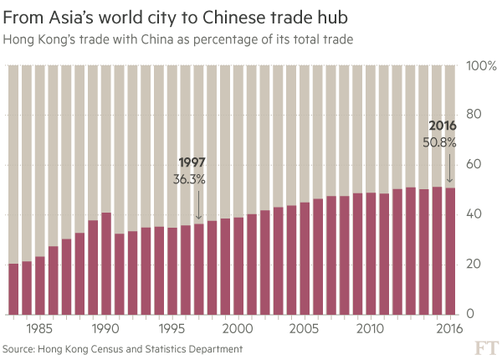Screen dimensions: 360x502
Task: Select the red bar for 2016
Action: [x=451, y=251]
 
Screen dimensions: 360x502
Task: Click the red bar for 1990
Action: [x=106, y=264]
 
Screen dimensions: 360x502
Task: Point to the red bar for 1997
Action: [x=199, y=268]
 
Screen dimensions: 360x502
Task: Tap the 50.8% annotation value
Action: [x=440, y=142]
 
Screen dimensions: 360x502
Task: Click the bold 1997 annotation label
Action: [x=192, y=163]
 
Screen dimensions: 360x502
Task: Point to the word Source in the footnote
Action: [x=21, y=347]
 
